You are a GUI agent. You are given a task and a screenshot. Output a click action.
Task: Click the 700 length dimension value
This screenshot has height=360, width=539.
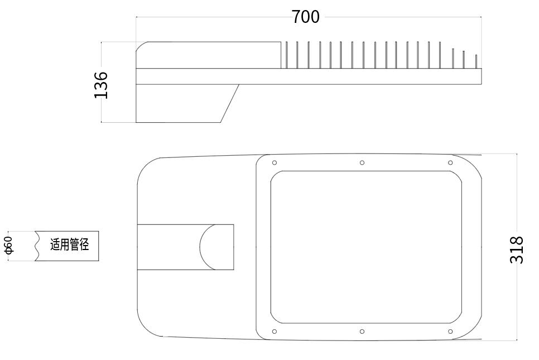pyautogui.click(x=306, y=17)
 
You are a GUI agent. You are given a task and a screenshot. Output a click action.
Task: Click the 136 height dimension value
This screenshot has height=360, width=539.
pyautogui.click(x=101, y=85)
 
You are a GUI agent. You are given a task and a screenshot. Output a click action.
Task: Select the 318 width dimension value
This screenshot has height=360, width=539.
pyautogui.click(x=517, y=249)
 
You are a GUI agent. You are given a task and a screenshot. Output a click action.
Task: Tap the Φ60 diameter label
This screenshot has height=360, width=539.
pyautogui.click(x=8, y=246)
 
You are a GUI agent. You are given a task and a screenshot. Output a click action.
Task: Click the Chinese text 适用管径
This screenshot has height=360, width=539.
pyautogui.click(x=70, y=244)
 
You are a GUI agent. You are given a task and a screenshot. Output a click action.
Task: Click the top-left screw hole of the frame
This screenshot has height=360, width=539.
pyautogui.click(x=274, y=163)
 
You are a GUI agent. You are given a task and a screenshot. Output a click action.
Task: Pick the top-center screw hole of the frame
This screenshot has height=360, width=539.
pyautogui.click(x=362, y=163)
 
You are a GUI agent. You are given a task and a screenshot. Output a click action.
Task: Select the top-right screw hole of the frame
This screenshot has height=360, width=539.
pyautogui.click(x=450, y=163)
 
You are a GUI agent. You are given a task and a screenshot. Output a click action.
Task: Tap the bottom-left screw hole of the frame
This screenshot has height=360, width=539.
pyautogui.click(x=274, y=332)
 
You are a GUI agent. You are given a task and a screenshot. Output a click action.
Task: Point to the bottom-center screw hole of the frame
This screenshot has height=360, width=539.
pyautogui.click(x=362, y=332)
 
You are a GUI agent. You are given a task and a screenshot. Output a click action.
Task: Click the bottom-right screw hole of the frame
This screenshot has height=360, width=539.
pyautogui.click(x=450, y=332)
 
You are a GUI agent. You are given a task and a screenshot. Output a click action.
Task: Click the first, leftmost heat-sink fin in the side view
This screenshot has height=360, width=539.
pyautogui.click(x=286, y=55)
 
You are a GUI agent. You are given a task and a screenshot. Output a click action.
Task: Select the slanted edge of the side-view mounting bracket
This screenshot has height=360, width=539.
pyautogui.click(x=230, y=103)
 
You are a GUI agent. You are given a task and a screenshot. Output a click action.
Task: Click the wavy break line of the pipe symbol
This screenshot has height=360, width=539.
pyautogui.click(x=37, y=246)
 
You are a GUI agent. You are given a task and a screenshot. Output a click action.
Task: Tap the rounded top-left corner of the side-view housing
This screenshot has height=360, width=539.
pyautogui.click(x=141, y=46)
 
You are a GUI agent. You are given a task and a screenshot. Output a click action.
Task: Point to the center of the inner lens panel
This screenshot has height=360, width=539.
pyautogui.click(x=366, y=247)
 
